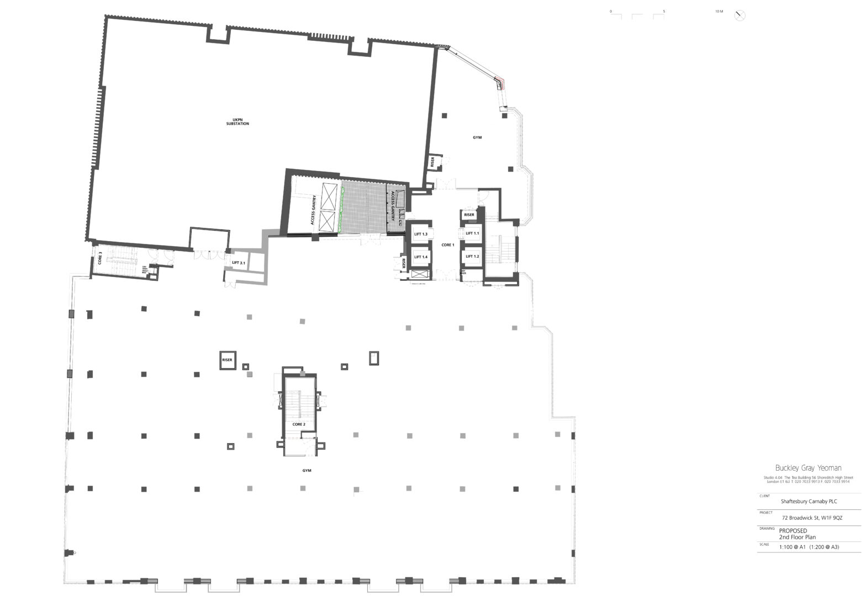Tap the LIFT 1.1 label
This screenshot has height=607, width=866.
pos(472,233)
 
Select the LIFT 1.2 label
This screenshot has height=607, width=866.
pos(472,257)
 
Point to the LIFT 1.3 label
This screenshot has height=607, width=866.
pos(421,234)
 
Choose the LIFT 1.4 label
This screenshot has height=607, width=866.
pos(421,257)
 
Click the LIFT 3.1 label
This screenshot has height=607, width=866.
pos(239,263)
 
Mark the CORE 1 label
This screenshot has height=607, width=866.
pos(447,245)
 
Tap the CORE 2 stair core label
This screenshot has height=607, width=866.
pos(299,424)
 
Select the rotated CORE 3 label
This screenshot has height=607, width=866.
pos(100,258)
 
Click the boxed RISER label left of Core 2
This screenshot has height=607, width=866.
pos(227,360)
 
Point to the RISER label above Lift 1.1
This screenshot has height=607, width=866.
pos(469,215)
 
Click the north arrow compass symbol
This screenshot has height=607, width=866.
pos(740,15)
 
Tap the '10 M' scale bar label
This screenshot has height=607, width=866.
pos(719,11)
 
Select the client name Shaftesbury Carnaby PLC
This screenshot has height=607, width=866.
pos(809,502)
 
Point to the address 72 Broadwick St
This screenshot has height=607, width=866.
pos(812,518)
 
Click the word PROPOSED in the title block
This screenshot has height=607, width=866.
pos(793,531)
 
